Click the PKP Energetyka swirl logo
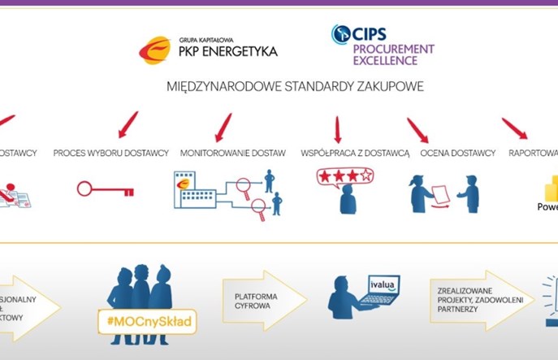coord(155,50)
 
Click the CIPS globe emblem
coord(340,34)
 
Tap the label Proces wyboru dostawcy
coord(111,153)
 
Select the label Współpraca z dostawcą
coord(355,153)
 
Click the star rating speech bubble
coord(345,175)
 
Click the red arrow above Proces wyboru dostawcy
coord(128,124)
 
